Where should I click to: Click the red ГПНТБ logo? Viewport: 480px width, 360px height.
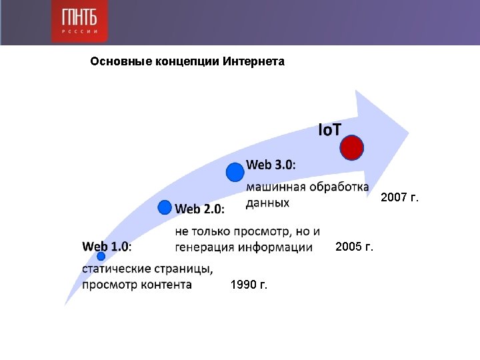(79, 21)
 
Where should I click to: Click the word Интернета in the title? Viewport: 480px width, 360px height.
(253, 61)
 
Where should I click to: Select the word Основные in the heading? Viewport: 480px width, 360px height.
(121, 61)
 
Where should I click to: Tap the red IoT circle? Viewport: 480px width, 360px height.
(352, 147)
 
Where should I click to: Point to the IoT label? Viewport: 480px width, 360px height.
(329, 130)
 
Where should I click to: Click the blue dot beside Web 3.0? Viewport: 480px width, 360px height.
(235, 172)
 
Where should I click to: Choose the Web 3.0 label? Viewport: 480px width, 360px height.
(271, 165)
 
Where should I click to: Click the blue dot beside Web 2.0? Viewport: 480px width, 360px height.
(165, 207)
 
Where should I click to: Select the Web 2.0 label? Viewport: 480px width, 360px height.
(199, 209)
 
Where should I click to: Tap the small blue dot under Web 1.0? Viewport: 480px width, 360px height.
(101, 256)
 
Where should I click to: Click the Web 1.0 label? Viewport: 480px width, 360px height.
(107, 247)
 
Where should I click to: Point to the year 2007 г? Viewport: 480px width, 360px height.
(399, 197)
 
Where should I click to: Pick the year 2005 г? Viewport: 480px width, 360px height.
(354, 247)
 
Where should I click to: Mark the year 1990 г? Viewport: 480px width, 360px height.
(249, 285)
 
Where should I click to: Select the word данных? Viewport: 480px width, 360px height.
(267, 203)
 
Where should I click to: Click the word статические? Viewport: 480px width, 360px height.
(116, 269)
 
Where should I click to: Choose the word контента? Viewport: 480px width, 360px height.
(166, 285)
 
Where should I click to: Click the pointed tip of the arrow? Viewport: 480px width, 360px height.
(409, 133)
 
